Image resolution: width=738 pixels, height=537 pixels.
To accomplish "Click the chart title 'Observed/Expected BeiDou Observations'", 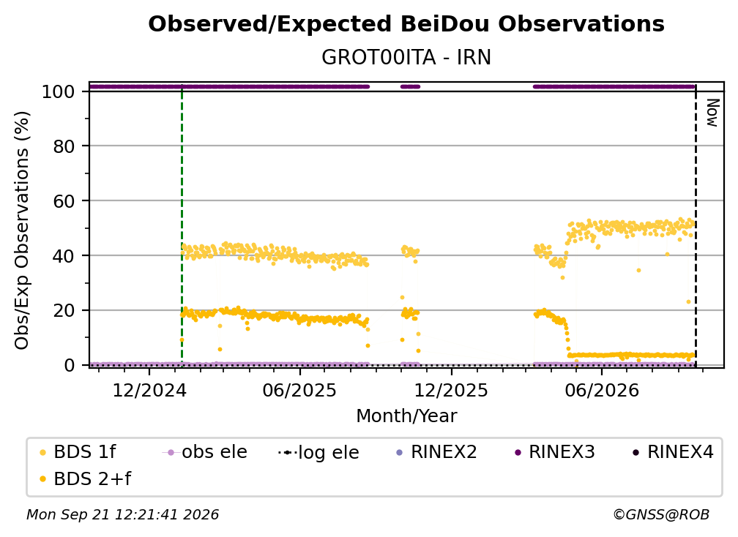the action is point(406,24).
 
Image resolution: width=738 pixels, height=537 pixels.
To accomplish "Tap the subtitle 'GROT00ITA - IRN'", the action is point(406,57).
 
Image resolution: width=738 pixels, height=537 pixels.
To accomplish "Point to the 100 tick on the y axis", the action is point(58,91).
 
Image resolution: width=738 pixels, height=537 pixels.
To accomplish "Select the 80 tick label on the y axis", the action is point(64,146).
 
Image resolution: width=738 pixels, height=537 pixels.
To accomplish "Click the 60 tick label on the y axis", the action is point(64,201).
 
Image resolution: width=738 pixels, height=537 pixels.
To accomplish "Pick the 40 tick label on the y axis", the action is point(64,256).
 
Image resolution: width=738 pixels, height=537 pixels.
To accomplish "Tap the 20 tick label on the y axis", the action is point(64,311).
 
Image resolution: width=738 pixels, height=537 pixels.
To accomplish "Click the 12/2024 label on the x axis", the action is point(149,390).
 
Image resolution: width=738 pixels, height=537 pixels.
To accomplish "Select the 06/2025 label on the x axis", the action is point(300,390).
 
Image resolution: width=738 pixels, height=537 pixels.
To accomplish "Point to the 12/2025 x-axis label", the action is point(451,390).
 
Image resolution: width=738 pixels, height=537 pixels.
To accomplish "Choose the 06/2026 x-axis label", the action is point(602,390).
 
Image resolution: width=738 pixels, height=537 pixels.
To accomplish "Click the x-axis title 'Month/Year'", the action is point(406,416).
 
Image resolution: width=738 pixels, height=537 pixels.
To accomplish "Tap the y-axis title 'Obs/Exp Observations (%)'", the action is point(22,230).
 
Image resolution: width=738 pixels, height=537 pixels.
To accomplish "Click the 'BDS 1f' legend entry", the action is point(78,452).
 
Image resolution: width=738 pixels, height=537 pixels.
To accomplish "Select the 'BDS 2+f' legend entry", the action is point(85,478).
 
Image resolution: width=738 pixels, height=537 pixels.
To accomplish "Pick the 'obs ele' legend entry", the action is point(204,452).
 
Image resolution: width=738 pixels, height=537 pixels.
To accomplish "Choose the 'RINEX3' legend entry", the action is point(555,452).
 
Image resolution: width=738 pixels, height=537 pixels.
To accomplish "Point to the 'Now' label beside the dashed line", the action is point(712,113).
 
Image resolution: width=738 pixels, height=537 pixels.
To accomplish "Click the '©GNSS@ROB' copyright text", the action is point(661,514).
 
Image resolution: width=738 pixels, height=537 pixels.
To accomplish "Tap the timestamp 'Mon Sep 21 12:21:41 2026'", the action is point(122,514).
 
